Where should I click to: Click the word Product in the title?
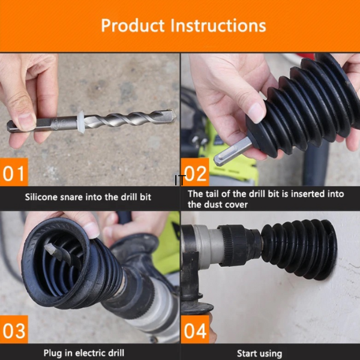click(133, 25)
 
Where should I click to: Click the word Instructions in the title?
click(218, 25)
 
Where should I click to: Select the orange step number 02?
click(195, 173)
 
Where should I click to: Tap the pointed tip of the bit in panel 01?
click(175, 115)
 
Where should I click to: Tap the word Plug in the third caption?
click(53, 353)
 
